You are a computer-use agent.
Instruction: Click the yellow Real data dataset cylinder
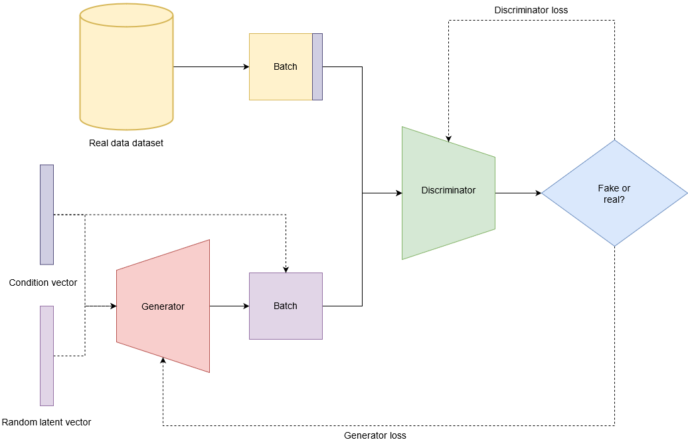tap(126, 66)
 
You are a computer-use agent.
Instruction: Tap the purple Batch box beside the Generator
tap(286, 306)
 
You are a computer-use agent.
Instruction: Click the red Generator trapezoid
tap(163, 306)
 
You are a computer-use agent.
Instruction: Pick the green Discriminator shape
tap(448, 193)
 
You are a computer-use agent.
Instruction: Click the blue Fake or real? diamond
tap(614, 193)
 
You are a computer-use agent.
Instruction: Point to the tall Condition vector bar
tap(46, 214)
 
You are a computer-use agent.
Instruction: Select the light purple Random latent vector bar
tap(46, 356)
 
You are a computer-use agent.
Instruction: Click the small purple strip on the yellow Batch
tap(317, 66)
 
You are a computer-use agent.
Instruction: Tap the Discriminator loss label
tap(531, 11)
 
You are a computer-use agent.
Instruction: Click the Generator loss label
tap(375, 435)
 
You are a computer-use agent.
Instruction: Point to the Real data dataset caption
tap(126, 143)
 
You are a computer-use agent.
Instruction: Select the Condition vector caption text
tap(43, 282)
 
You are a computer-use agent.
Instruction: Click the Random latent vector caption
tap(46, 422)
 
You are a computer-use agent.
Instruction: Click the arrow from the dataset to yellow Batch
tap(211, 66)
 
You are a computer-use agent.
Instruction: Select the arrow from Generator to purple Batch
tap(229, 306)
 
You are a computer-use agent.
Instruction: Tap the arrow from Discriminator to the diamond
tap(518, 193)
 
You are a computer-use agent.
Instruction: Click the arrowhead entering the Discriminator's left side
tap(398, 193)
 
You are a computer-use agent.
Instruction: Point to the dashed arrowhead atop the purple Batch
tap(286, 269)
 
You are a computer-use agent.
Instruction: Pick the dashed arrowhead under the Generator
tap(163, 360)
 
